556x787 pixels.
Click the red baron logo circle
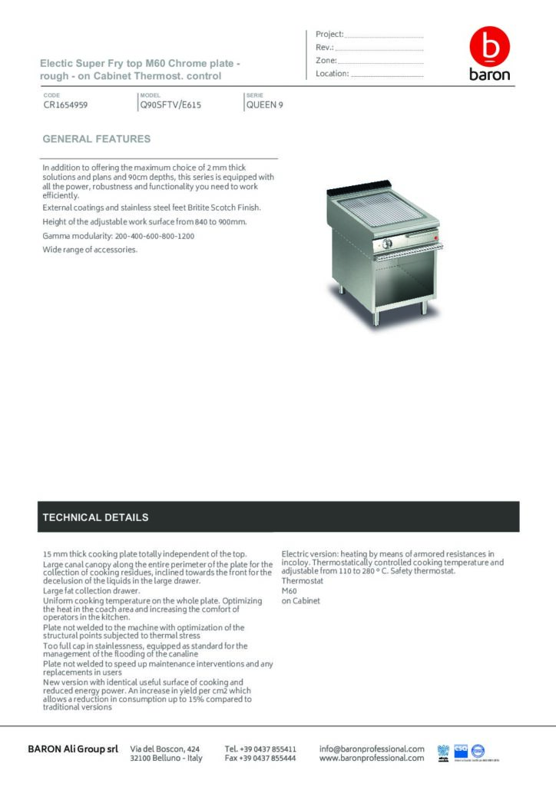coord(489,48)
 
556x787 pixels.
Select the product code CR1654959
coord(65,106)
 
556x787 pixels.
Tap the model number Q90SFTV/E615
coord(170,106)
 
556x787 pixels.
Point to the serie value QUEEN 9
coord(264,106)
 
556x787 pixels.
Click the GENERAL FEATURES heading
coord(96,139)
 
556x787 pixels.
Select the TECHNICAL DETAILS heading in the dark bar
coord(95,517)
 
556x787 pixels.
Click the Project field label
coord(329,34)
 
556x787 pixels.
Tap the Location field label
coord(333,74)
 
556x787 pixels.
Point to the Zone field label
coord(326,60)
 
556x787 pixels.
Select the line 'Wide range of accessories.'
coord(90,249)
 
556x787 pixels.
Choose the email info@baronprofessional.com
coord(372,748)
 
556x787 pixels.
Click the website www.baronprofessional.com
coord(372,758)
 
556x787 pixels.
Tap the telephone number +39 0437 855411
coord(260,748)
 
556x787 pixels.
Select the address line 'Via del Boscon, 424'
coord(165,748)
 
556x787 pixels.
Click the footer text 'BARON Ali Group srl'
coord(73,749)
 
